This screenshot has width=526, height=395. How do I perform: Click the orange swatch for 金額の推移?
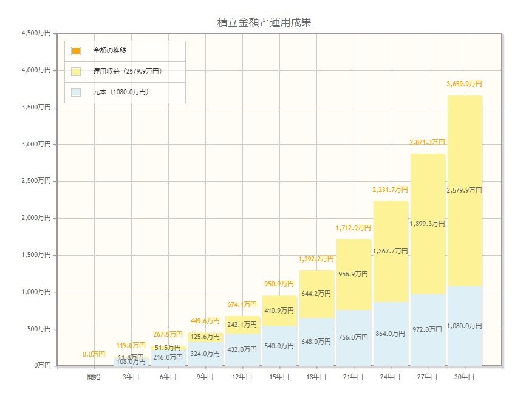(x=76, y=51)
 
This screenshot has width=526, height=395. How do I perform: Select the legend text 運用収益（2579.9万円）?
(x=127, y=72)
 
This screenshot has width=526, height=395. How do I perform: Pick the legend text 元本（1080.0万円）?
(x=120, y=92)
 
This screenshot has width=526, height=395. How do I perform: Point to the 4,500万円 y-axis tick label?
(x=36, y=33)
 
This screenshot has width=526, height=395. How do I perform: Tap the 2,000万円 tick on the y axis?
(x=36, y=218)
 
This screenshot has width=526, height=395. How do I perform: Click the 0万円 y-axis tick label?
(x=41, y=366)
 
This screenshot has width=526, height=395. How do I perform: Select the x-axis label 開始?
(x=94, y=377)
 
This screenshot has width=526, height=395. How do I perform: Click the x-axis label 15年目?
(x=279, y=377)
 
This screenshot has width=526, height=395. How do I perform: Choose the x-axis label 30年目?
(x=464, y=377)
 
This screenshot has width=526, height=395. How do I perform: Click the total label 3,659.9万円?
(x=464, y=84)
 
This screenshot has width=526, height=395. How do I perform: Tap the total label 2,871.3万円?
(x=427, y=143)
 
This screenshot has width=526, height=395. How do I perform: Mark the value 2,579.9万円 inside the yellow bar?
(x=464, y=191)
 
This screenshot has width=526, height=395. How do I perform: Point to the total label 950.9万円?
(x=279, y=284)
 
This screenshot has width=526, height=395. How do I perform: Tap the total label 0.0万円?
(x=94, y=354)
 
